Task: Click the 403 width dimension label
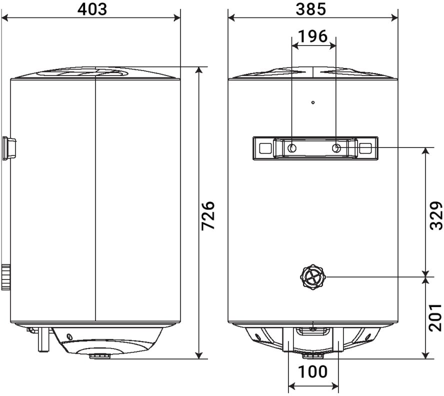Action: tap(92, 9)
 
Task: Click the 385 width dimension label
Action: tap(311, 9)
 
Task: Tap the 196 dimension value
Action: tap(313, 36)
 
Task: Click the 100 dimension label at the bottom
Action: tap(312, 371)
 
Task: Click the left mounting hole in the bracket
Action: tap(292, 148)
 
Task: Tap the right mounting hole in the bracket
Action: tap(336, 148)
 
